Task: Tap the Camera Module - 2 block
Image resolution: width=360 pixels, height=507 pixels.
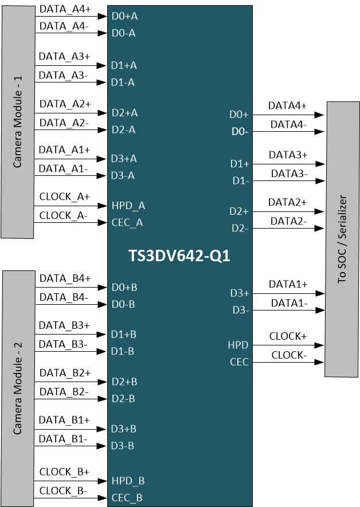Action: tap(17, 388)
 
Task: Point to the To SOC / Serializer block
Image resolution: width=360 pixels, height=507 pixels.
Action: tap(342, 239)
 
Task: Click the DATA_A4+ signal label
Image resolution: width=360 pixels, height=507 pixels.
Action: tap(65, 9)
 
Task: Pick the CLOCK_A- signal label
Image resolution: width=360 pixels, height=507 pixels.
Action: tap(64, 215)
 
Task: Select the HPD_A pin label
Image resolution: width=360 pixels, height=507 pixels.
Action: tap(128, 206)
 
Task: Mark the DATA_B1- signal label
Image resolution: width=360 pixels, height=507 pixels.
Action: tap(63, 439)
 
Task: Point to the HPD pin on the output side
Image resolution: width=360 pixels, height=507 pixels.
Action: tap(238, 345)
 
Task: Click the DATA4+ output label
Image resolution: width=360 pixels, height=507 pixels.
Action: tap(288, 105)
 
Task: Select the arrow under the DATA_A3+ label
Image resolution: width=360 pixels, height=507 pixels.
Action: tap(71, 66)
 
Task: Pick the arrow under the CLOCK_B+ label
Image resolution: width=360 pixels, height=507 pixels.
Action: tap(71, 481)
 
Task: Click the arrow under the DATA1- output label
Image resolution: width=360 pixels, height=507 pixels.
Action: tap(289, 311)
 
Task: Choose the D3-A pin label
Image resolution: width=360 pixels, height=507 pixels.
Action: tap(123, 175)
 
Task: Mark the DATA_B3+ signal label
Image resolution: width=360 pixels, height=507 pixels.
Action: tap(64, 325)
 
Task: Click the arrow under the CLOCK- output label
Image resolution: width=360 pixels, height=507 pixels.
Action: tap(289, 362)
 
